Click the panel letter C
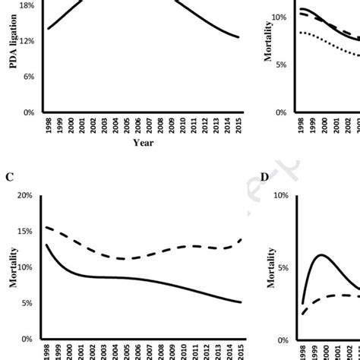point(9,178)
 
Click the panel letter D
point(264,178)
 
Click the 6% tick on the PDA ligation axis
point(27,77)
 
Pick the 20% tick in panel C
point(25,195)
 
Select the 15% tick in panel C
point(25,231)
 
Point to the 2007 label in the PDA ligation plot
point(149,125)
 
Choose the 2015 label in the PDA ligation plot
point(239,125)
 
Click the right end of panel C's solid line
point(242,302)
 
